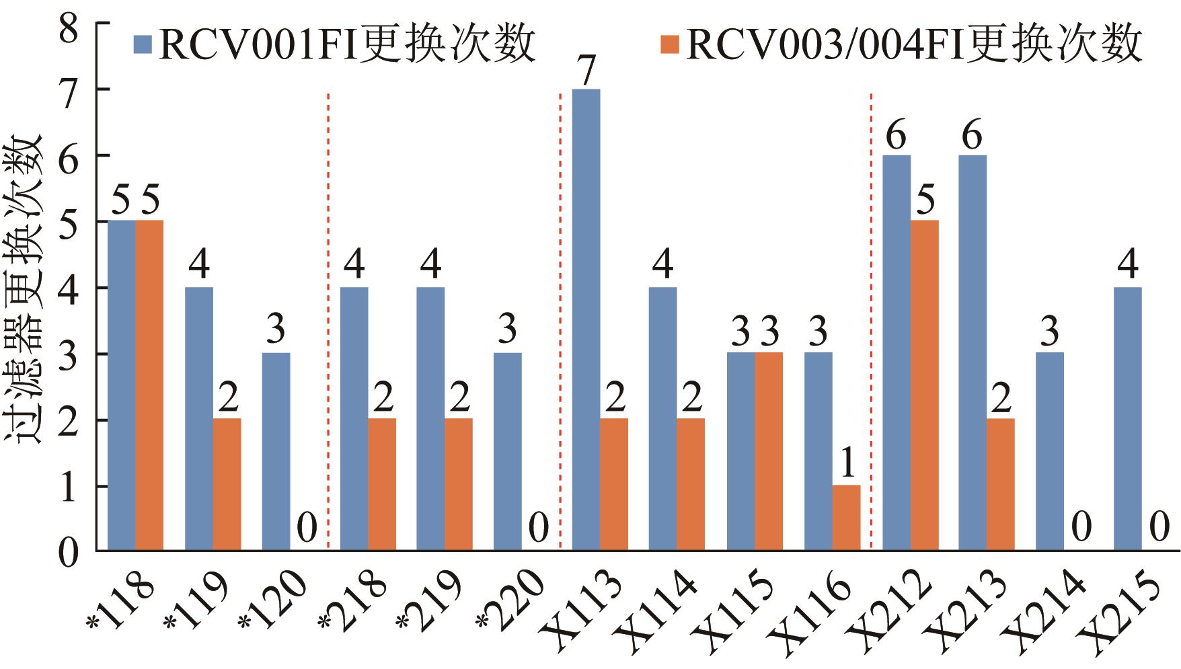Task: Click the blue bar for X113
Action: click(x=586, y=320)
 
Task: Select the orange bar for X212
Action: click(x=925, y=385)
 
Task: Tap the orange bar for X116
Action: click(x=847, y=518)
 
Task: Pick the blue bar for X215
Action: click(x=1128, y=419)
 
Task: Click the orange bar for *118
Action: click(x=149, y=385)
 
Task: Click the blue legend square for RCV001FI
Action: click(x=143, y=44)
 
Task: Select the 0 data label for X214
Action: click(x=1080, y=528)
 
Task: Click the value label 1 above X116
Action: click(x=847, y=463)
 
